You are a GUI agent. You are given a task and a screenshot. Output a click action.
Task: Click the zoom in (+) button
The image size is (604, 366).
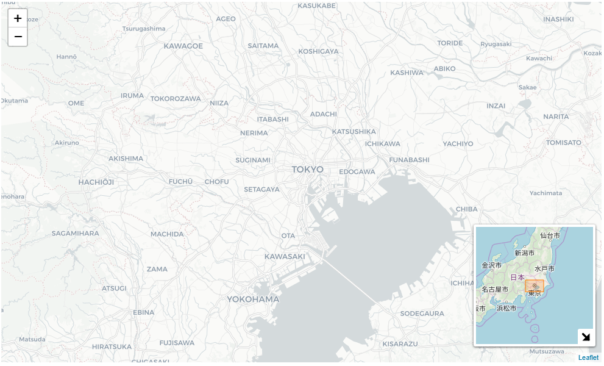(x=18, y=18)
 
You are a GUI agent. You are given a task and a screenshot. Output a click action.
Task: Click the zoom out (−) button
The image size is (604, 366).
(x=18, y=37)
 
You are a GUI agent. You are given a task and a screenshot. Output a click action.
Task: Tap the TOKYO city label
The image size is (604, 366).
(x=308, y=169)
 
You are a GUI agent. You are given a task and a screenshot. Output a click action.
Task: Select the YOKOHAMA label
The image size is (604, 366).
(x=253, y=299)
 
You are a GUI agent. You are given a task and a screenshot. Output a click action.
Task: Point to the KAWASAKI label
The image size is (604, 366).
(x=285, y=256)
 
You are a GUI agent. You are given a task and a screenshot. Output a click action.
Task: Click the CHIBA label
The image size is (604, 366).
(x=466, y=209)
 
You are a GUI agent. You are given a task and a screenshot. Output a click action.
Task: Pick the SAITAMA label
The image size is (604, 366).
(x=263, y=46)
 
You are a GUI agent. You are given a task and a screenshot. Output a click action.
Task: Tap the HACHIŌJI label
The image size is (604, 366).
(x=96, y=182)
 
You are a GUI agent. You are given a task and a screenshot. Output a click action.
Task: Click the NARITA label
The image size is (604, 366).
(x=556, y=117)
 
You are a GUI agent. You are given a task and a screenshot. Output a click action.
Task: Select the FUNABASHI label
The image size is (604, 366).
(x=409, y=159)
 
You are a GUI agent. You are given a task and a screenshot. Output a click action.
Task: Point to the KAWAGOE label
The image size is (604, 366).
(x=183, y=46)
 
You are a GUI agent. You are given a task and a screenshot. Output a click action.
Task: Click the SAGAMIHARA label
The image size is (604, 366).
(x=75, y=233)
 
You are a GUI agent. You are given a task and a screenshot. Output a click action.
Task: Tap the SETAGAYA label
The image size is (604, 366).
(x=261, y=189)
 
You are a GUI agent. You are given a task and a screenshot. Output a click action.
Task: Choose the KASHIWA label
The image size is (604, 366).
(x=407, y=73)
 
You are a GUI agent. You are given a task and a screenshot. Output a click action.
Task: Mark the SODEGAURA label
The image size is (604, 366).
(x=422, y=314)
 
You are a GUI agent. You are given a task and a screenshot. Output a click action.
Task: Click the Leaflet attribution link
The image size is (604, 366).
(x=588, y=357)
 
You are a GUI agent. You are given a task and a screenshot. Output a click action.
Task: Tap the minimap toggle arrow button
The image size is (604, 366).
(x=586, y=337)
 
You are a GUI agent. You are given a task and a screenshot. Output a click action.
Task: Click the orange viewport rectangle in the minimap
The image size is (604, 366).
(x=535, y=285)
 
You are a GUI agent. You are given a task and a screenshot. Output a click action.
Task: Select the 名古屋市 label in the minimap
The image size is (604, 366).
(x=495, y=289)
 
